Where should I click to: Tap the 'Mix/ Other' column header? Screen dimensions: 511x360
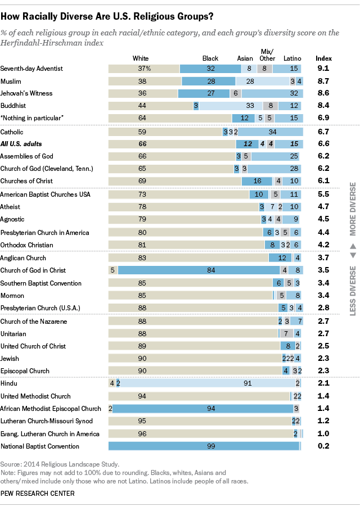click(x=268, y=55)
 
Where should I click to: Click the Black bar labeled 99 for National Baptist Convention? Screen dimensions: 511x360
click(x=204, y=446)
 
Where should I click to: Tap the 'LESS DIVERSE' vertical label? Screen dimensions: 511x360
click(x=353, y=287)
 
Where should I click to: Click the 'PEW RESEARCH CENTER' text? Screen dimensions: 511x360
click(x=38, y=494)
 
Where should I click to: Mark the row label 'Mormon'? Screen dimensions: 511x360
click(x=13, y=295)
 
